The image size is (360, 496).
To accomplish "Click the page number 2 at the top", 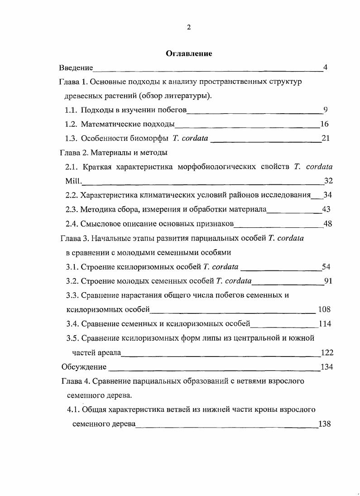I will pos(189,27).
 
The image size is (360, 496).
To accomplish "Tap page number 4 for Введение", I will pos(325,68).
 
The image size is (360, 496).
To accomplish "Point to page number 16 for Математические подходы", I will pos(324,124).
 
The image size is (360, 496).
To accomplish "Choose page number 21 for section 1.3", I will pos(325,138).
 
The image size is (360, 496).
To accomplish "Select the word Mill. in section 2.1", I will pos(73,181).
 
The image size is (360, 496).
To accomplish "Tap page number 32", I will pos(328,181).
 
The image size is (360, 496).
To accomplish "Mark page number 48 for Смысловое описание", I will pos(327,223).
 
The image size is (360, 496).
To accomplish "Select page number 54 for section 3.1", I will pos(326,266).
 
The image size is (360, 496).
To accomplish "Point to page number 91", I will pos(328,281).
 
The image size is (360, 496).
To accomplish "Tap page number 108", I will pos(324,309).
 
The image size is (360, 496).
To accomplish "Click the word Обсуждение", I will pos(84,367).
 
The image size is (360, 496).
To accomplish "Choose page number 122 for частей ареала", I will pos(327,353).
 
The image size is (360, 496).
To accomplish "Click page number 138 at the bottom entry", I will pos(325,424).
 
